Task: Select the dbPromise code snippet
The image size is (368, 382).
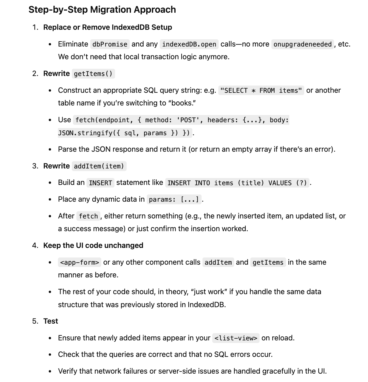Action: [x=110, y=44]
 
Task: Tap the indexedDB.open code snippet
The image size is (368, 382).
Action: [x=189, y=44]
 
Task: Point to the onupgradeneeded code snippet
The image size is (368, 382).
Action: [x=302, y=44]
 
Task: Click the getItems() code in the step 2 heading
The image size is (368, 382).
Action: [x=93, y=74]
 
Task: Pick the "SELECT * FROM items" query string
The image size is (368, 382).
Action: [x=261, y=90]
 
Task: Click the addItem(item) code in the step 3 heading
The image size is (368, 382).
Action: [x=99, y=166]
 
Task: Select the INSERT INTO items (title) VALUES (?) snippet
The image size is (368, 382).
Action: [x=237, y=183]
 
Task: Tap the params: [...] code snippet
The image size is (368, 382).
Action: [x=174, y=199]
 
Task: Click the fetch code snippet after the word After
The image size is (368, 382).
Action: [x=88, y=216]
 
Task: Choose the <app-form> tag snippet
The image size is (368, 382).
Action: [x=79, y=262]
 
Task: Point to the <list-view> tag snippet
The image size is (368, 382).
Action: [x=236, y=338]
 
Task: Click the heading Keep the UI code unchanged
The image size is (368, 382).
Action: [x=93, y=245]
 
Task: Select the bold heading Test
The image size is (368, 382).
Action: [x=50, y=321]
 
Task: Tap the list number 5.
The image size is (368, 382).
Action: [x=35, y=321]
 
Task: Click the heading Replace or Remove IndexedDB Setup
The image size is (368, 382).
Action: [x=108, y=27]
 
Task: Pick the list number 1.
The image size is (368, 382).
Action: [x=35, y=27]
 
